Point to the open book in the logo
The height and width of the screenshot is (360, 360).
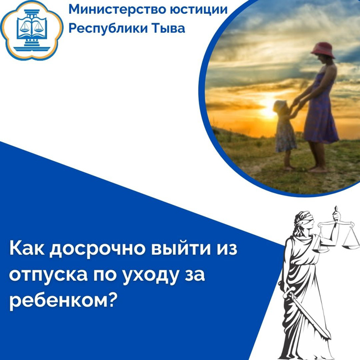[32, 29]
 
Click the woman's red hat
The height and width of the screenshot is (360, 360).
[323, 50]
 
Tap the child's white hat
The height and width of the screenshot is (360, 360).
[280, 106]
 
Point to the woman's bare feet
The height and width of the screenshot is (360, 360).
[318, 169]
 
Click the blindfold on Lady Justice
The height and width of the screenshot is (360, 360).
[304, 220]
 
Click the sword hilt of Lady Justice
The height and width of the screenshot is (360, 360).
[289, 292]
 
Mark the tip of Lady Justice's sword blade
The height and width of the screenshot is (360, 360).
[331, 338]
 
